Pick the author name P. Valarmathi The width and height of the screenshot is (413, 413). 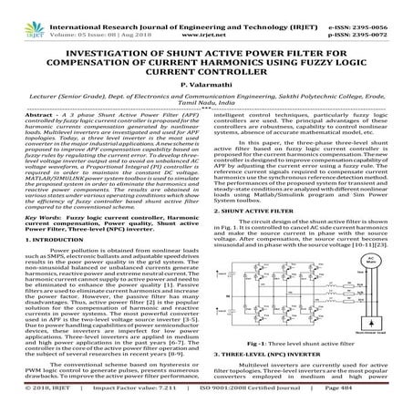207,81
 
